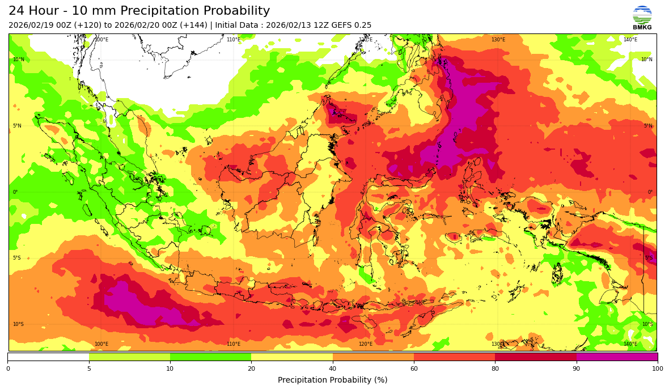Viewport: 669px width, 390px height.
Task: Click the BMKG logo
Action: (642, 18)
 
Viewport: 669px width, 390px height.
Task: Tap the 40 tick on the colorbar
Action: (333, 368)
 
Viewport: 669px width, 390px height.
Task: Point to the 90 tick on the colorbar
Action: (577, 368)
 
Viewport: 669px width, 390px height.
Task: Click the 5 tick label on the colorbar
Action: (89, 368)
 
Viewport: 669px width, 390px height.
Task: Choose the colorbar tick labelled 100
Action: (657, 368)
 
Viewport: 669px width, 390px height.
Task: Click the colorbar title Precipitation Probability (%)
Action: (332, 380)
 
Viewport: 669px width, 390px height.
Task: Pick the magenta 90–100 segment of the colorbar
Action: (617, 357)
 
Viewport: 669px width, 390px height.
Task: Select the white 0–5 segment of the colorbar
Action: (48, 357)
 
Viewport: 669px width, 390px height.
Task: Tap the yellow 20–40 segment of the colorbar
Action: (292, 357)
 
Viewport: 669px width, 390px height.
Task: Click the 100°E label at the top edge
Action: (101, 40)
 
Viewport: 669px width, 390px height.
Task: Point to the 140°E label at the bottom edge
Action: (630, 344)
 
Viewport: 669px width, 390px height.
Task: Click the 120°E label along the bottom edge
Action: (366, 344)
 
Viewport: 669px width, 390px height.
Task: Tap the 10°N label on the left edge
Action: (19, 60)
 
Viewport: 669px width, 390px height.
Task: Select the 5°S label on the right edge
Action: (649, 258)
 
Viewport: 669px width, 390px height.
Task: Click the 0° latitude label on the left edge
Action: (15, 192)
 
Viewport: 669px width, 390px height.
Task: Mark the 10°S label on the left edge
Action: (19, 324)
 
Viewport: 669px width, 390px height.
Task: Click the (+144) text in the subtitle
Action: (194, 26)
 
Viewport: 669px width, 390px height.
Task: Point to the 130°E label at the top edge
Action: (498, 40)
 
